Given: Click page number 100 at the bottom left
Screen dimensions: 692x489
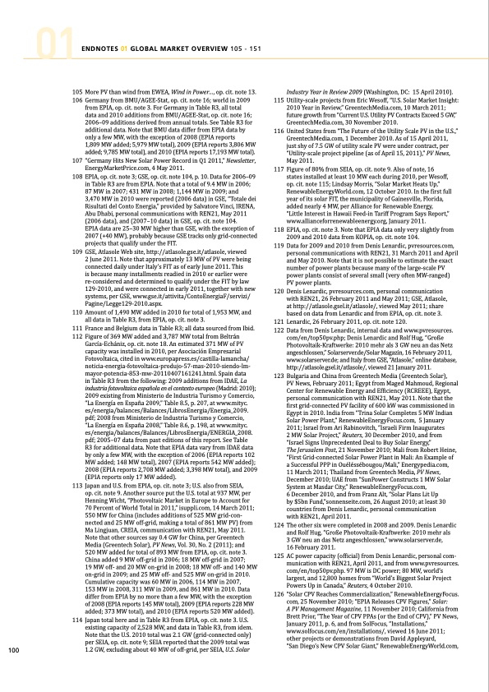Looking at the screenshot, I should click(x=13, y=674).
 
